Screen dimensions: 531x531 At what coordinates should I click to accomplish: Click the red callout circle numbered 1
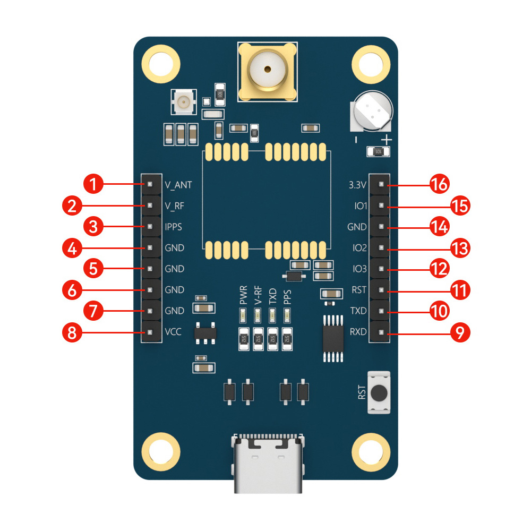click(x=94, y=185)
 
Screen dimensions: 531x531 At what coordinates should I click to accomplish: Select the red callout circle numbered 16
click(x=439, y=185)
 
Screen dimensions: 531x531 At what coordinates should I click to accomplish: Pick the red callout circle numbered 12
click(x=439, y=269)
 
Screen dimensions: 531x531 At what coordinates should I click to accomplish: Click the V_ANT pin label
click(x=178, y=185)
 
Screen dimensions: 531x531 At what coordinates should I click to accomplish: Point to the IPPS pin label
click(x=174, y=227)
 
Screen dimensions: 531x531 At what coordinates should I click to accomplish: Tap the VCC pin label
click(x=173, y=332)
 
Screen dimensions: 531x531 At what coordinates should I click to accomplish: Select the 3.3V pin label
click(x=357, y=185)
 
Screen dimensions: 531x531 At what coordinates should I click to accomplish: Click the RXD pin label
click(x=358, y=332)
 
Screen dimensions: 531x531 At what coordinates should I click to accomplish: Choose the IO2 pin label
click(x=359, y=247)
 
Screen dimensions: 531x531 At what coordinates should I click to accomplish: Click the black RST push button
click(x=379, y=393)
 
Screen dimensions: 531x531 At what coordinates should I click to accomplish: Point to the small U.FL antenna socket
click(x=185, y=101)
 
